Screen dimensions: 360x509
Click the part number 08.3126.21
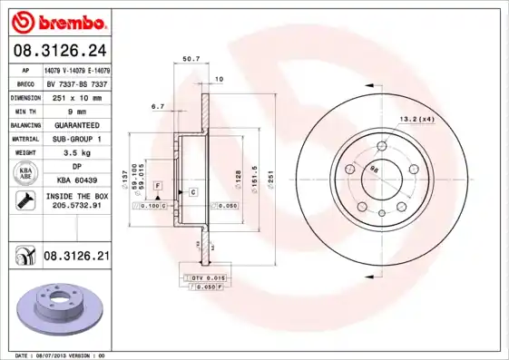[76, 258]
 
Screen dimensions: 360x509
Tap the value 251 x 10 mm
[76, 96]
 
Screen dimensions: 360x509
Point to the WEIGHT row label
[25, 153]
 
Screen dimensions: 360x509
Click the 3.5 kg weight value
[76, 153]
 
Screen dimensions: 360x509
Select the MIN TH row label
[25, 110]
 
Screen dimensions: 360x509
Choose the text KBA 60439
[76, 180]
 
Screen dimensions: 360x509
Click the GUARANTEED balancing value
[76, 124]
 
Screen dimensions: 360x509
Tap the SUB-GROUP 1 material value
[76, 139]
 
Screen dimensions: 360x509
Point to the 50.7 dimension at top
[191, 59]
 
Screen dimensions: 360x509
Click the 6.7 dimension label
[157, 106]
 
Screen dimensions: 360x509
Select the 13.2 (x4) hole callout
[417, 119]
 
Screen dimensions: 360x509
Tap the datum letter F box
[158, 185]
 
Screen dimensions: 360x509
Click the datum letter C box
[192, 192]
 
